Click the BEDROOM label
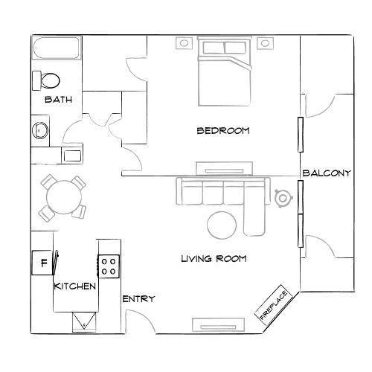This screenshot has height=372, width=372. click(222, 130)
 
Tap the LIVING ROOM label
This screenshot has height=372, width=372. click(214, 259)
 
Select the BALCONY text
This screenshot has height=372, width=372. click(326, 173)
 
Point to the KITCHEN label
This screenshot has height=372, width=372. click(74, 286)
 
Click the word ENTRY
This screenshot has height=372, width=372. click(138, 299)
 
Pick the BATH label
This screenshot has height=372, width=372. click(58, 100)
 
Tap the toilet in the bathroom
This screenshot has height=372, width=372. click(49, 80)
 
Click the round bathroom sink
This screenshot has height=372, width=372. click(39, 131)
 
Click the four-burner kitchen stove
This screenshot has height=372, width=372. click(109, 266)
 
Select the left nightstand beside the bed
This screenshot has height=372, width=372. click(182, 43)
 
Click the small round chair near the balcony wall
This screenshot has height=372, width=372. click(283, 198)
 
